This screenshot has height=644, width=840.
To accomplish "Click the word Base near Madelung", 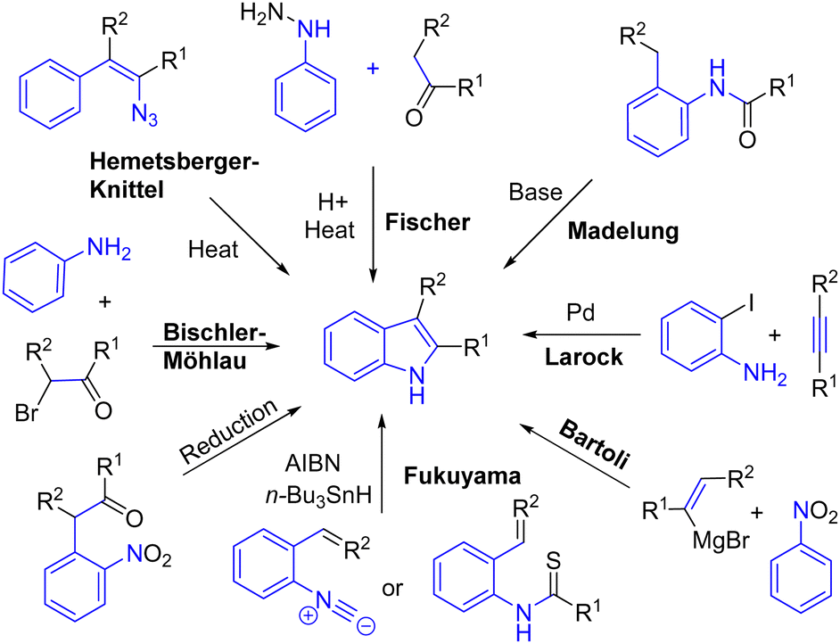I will tap(536, 191).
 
